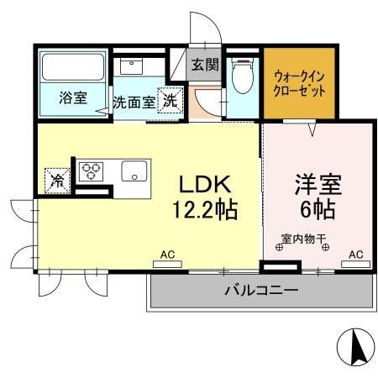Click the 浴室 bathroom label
coord(71,98)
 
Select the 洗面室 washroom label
coord(134,101)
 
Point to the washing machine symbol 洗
coord(171,99)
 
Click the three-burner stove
coord(91,171)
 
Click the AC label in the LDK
coord(168,254)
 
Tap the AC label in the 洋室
coord(356,254)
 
